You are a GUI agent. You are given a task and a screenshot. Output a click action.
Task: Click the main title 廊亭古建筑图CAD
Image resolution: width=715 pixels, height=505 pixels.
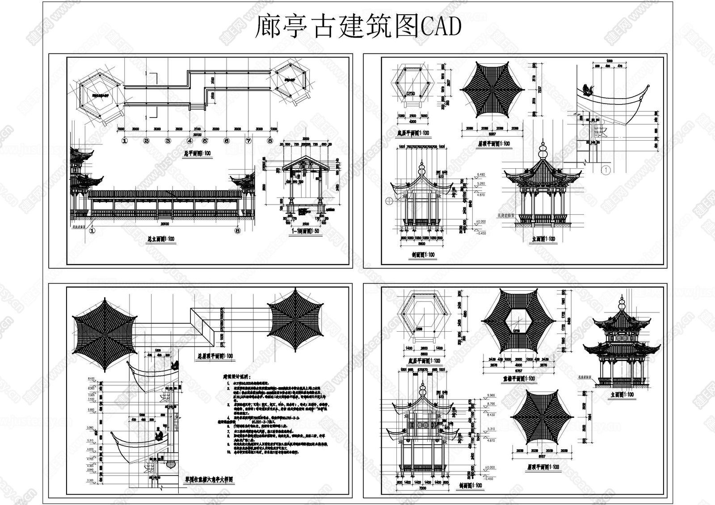(x=357, y=27)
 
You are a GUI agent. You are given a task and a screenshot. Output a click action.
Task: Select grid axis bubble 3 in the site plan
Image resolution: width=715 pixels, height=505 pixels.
(x=168, y=141)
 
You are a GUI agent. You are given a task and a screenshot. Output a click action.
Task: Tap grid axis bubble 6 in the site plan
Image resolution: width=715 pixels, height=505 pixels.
(x=227, y=141)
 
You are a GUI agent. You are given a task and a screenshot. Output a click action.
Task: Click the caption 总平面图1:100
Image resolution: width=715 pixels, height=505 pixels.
(x=198, y=152)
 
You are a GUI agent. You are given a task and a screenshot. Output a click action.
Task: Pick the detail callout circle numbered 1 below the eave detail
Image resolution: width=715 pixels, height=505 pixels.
(x=604, y=170)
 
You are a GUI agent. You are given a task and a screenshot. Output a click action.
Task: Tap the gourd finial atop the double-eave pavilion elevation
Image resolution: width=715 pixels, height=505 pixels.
(x=622, y=302)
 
